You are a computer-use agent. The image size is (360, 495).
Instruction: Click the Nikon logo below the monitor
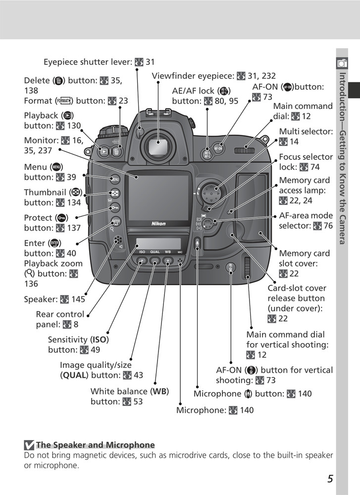(x=158, y=224)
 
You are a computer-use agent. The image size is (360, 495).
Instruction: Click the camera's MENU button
(x=114, y=179)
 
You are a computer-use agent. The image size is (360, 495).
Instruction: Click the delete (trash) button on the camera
(x=116, y=152)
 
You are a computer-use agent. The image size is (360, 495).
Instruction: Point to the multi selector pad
(x=210, y=190)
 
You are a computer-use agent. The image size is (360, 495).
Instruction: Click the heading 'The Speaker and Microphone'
(x=95, y=445)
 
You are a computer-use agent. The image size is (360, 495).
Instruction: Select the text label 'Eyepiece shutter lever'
(x=87, y=62)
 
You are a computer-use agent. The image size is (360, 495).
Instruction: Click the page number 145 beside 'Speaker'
(x=78, y=299)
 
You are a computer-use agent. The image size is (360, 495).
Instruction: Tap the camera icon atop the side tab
(x=341, y=63)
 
